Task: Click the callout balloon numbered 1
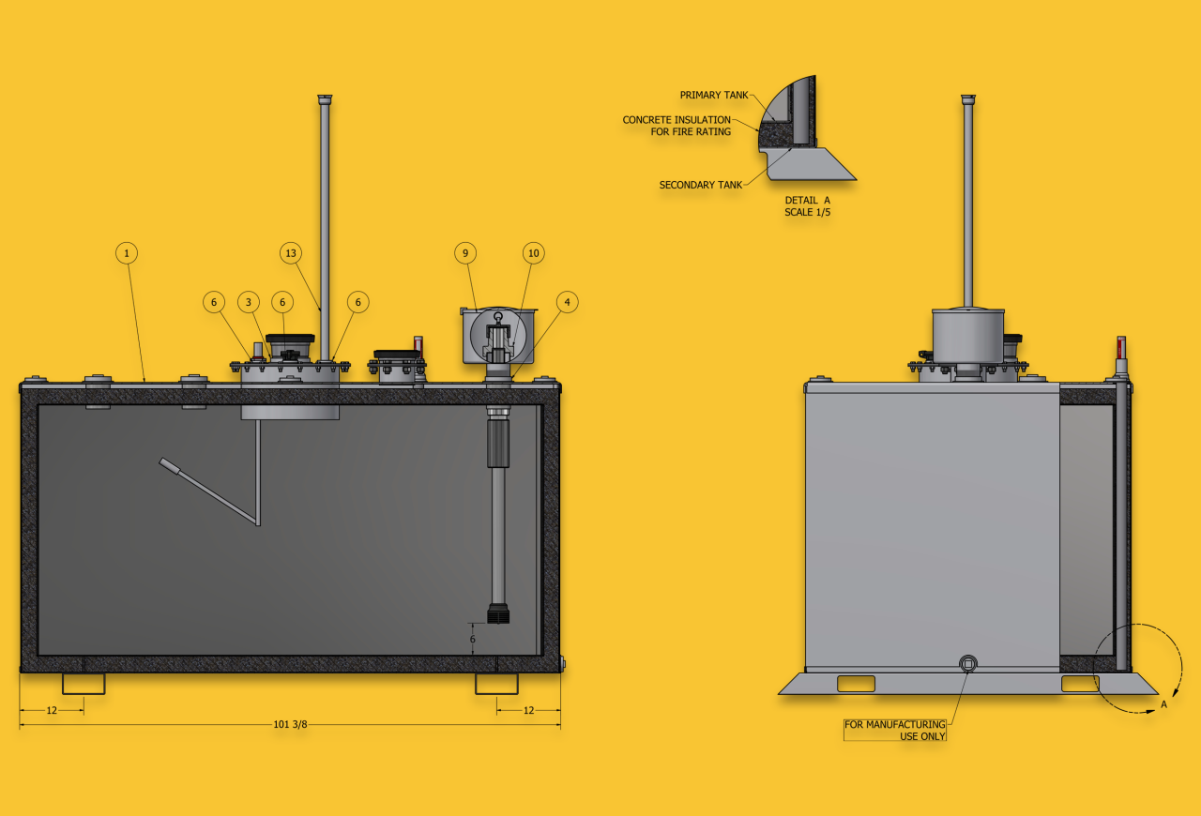click(127, 253)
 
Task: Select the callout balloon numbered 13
click(291, 253)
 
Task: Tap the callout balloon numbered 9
click(465, 253)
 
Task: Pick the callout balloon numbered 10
click(534, 253)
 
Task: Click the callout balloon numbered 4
click(568, 302)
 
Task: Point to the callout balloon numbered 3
click(249, 302)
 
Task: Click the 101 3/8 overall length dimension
click(290, 724)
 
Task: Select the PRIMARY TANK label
click(714, 95)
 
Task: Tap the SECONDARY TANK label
click(700, 185)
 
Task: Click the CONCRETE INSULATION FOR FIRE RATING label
click(677, 126)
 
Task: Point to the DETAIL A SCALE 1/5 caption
click(808, 206)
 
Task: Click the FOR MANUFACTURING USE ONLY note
click(895, 731)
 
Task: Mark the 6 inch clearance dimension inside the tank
click(472, 639)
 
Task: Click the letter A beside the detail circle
click(1163, 704)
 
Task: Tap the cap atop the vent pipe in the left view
click(325, 99)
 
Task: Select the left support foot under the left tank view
click(84, 684)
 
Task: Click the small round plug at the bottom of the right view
click(967, 664)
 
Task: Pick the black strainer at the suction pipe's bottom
click(498, 614)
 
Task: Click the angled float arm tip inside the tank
click(166, 463)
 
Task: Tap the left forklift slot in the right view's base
click(856, 684)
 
